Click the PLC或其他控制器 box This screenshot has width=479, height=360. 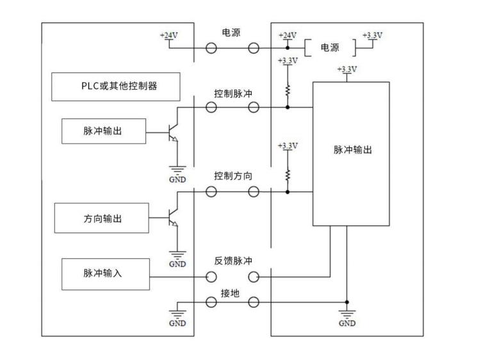click(116, 87)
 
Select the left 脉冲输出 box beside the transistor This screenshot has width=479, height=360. click(103, 131)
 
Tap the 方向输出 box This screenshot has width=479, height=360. click(103, 218)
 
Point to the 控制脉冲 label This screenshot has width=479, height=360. click(233, 94)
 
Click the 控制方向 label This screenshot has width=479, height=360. click(233, 176)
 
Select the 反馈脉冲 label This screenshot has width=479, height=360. click(233, 261)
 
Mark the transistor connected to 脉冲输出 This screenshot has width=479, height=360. click(171, 131)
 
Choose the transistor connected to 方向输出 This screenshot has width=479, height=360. click(171, 217)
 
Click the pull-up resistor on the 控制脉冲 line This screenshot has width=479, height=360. click(288, 90)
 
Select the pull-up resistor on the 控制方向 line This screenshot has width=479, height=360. click(288, 174)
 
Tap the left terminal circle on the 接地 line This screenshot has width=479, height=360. click(211, 302)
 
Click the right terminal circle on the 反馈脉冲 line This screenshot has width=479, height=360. click(254, 277)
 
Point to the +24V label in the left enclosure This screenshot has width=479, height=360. click(169, 35)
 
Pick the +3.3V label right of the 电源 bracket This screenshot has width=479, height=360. click(372, 35)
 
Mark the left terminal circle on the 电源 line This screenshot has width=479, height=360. click(211, 48)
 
